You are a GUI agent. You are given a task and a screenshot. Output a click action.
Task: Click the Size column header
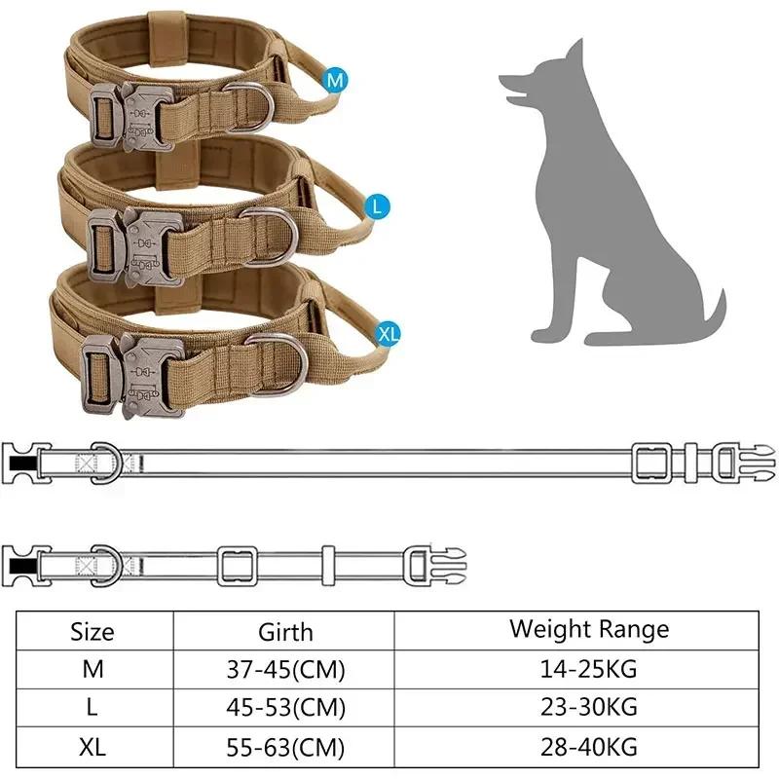[93, 631]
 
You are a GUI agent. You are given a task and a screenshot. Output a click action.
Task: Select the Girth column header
[285, 631]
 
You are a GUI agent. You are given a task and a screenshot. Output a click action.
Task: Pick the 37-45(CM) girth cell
[285, 670]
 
